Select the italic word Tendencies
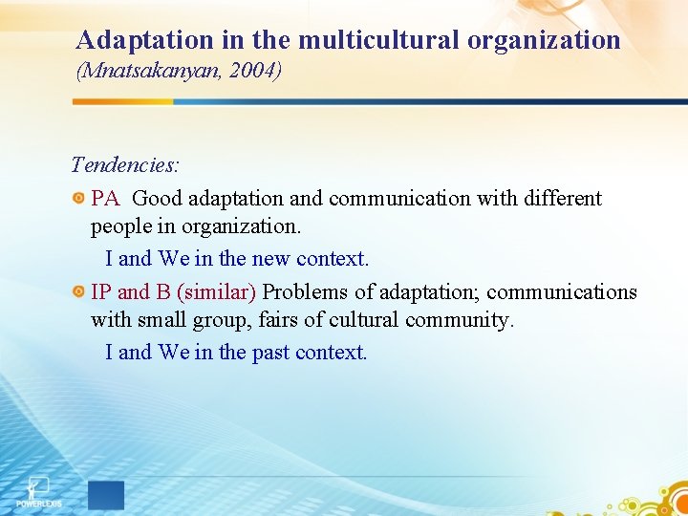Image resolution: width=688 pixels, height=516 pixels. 125,164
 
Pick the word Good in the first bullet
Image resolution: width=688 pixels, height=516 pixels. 158,199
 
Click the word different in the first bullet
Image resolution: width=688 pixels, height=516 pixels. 560,199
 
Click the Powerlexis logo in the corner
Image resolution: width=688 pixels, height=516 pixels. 35,490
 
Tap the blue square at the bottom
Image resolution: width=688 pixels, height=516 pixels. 106,494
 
